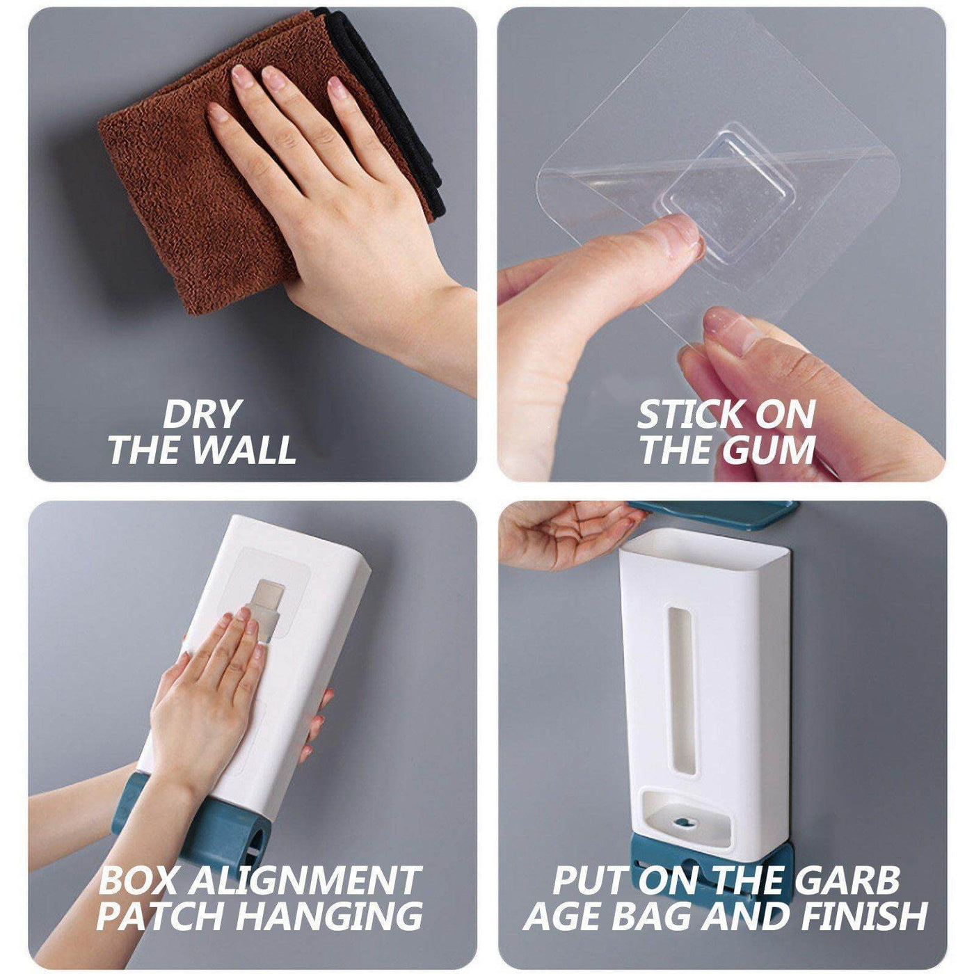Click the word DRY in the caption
[x=200, y=415]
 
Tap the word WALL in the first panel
[x=246, y=450]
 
